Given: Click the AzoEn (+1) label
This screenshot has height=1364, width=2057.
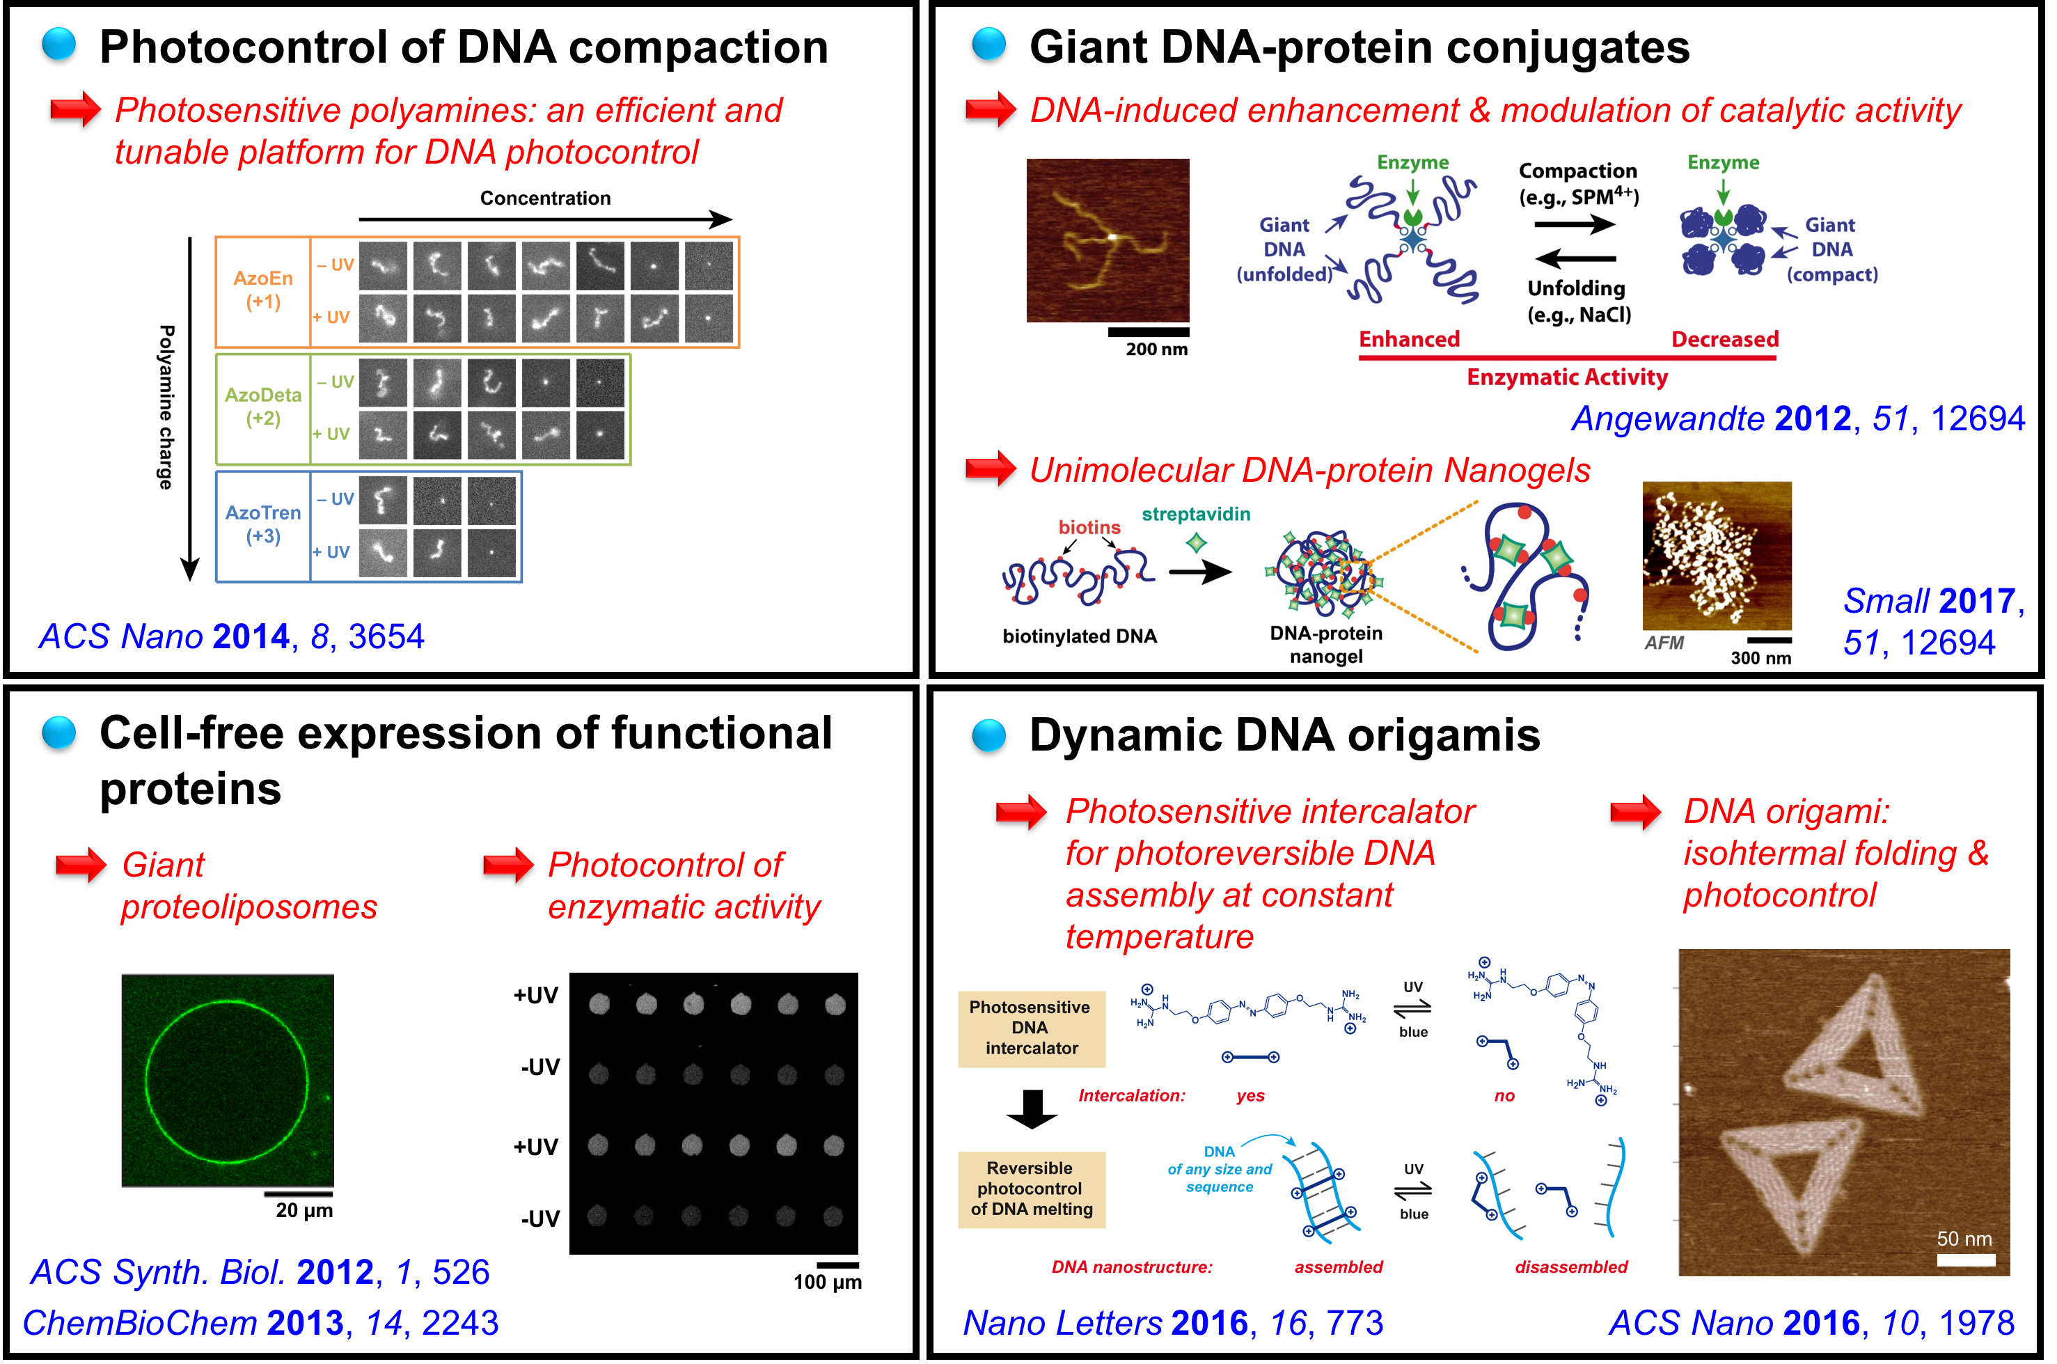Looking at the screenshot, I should pos(262,290).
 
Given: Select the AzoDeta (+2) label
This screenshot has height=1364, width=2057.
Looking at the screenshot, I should pos(262,406).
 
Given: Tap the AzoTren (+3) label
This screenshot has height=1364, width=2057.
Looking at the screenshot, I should pos(262,524).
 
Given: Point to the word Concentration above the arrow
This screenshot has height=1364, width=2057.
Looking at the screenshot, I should pos(545,198).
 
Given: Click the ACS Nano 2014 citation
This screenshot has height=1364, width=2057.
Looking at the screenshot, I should pos(231,637).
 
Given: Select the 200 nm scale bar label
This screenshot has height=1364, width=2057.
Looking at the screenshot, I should pos(1156,349).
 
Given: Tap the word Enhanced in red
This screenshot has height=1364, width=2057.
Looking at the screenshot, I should pos(1409,339).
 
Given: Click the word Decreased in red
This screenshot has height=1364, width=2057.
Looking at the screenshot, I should pos(1725,339).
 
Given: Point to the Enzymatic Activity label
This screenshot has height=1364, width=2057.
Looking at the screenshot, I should pos(1568,377).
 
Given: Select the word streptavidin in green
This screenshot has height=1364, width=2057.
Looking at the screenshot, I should pos(1196,514).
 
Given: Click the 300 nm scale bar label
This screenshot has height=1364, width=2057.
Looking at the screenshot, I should pos(1760,658).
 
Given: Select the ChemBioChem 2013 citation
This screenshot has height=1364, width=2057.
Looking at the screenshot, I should pos(260,1323).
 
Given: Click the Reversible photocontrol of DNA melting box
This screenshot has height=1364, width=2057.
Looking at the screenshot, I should pos(1032,1189).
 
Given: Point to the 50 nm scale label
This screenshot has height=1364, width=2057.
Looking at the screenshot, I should pos(1964,1239).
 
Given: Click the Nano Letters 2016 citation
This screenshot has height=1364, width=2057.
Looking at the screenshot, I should pos(1172,1323).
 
